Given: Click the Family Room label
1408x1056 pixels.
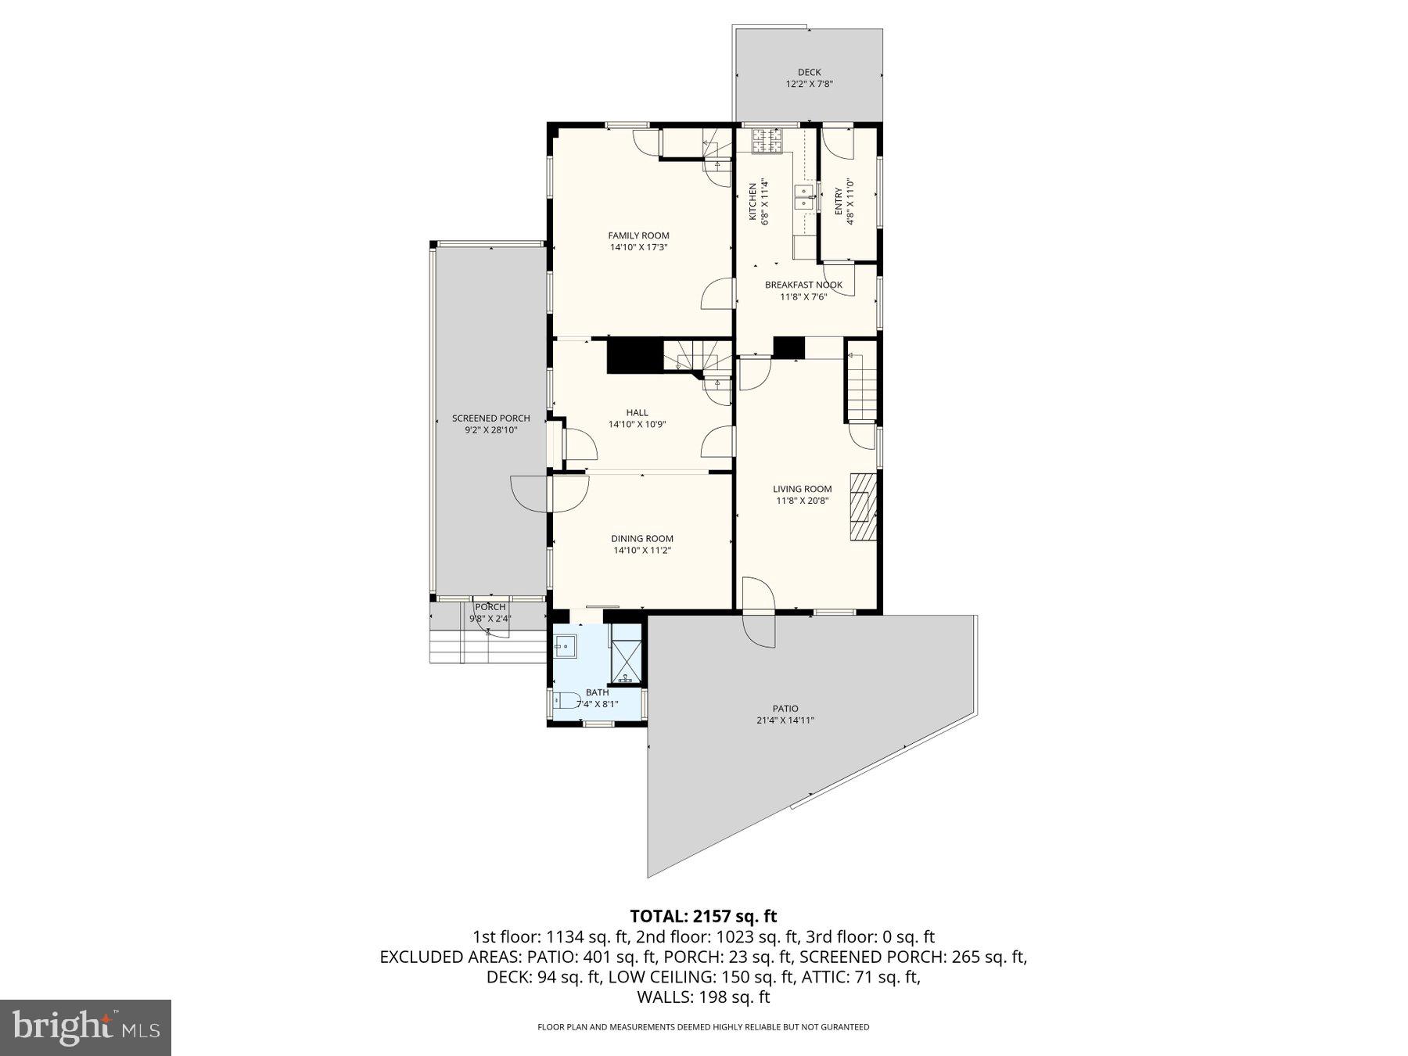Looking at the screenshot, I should (638, 235).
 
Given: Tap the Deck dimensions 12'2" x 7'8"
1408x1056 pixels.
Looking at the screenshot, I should (809, 84).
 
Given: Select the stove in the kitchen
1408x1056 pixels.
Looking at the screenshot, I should (767, 142).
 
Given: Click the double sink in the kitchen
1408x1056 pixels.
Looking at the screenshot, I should (803, 197).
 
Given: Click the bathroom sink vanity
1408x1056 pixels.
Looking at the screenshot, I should (565, 646).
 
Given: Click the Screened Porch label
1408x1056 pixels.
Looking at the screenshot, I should (490, 418).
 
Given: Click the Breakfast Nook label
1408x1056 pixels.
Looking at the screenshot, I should (803, 285).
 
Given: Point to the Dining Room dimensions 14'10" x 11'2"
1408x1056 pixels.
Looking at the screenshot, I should (642, 551).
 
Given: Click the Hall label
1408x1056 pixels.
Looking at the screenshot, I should (637, 413).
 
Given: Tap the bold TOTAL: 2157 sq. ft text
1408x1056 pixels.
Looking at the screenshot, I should (703, 916).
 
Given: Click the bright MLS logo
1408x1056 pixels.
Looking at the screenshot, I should (85, 1028).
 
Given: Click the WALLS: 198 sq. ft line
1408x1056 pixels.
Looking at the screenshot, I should (703, 997).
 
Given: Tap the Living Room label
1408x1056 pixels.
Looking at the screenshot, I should (802, 489).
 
